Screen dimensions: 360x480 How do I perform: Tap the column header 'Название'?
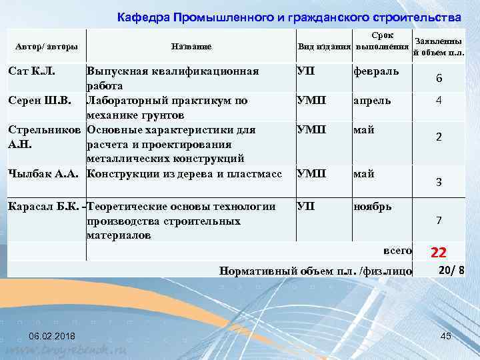(x=191, y=46)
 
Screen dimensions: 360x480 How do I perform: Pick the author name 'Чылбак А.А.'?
(x=43, y=174)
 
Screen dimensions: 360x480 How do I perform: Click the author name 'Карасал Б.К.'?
(x=44, y=206)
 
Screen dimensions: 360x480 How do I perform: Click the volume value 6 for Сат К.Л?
(x=439, y=79)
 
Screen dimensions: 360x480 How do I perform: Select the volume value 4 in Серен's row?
(x=439, y=101)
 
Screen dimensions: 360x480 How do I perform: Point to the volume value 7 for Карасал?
(x=439, y=220)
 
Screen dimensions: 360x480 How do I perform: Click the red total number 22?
(x=439, y=252)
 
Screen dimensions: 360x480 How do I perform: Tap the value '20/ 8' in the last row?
(x=452, y=269)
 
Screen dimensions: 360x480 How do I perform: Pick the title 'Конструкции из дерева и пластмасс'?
(x=184, y=174)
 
